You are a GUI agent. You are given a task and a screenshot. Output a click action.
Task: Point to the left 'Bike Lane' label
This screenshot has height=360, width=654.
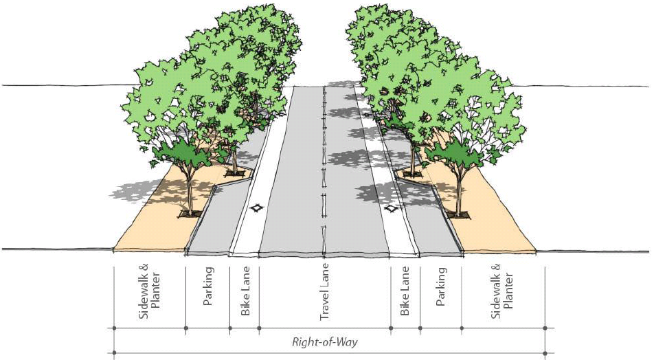pyautogui.click(x=245, y=292)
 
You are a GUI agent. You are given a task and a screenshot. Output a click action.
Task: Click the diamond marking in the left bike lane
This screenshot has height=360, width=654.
pyautogui.click(x=256, y=207)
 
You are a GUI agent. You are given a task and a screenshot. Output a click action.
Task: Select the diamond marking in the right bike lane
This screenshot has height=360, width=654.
pyautogui.click(x=392, y=207)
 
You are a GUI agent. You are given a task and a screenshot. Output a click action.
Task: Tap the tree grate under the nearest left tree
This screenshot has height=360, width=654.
pyautogui.click(x=190, y=214)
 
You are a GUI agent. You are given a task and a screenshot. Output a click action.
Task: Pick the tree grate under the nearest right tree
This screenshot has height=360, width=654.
pyautogui.click(x=459, y=215)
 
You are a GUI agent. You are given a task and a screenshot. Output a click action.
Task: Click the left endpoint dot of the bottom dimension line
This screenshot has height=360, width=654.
pyautogui.click(x=113, y=354)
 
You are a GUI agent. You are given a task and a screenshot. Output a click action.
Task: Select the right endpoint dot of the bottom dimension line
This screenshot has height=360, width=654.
pyautogui.click(x=545, y=354)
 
